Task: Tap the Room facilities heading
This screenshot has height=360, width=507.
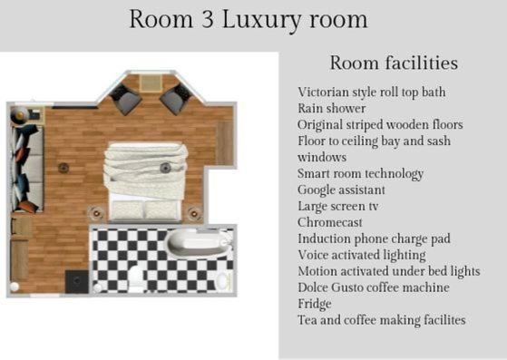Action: coord(393,63)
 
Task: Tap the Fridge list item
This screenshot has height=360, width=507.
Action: coord(315,304)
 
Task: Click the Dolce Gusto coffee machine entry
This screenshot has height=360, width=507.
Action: coord(373,287)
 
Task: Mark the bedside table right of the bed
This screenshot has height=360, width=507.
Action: coord(193,215)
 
